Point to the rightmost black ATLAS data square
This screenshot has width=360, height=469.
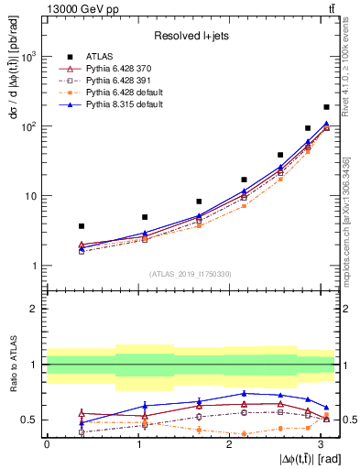[x=326, y=107]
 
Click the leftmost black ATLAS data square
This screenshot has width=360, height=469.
[x=82, y=225]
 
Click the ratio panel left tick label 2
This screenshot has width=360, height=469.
[x=34, y=309]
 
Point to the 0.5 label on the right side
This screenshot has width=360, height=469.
[x=348, y=420]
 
